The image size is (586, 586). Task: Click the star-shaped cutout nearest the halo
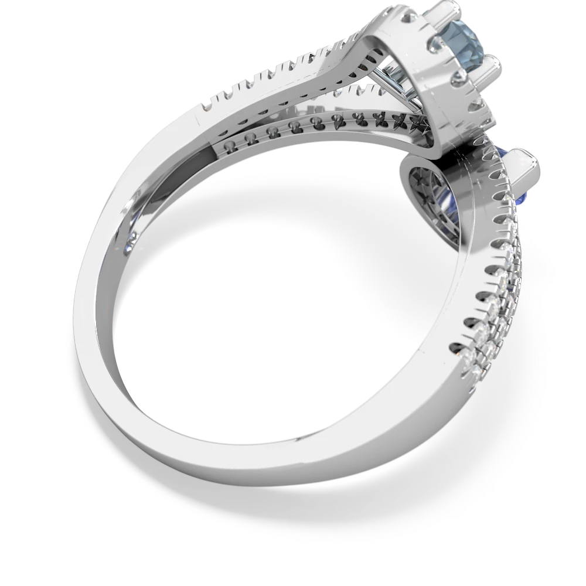point(421,125)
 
